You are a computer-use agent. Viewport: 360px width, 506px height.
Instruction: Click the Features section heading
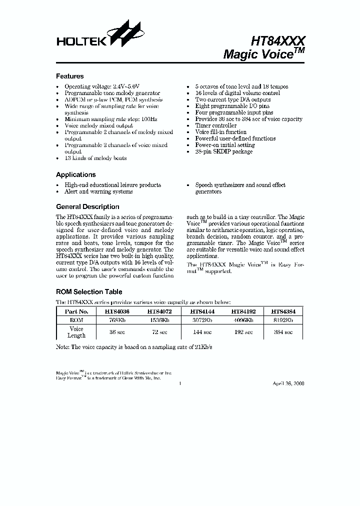pos(69,76)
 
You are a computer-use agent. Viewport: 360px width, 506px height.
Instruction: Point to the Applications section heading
pos(75,175)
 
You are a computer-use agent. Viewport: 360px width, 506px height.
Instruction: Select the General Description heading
pos(87,207)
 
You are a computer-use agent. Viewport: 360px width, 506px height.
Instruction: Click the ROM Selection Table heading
pos(89,292)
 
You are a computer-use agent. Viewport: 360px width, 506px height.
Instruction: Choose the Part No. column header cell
pos(76,311)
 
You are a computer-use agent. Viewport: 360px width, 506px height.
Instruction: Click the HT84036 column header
pos(117,311)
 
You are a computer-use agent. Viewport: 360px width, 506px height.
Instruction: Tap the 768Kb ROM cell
pos(117,319)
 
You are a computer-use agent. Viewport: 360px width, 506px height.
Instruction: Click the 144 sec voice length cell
pos(201,331)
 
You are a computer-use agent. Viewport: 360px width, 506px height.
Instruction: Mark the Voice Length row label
pos(76,332)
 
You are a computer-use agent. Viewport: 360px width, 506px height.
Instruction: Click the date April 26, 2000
pos(288,383)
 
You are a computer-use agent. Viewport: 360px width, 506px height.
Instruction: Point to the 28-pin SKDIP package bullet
pos(223,151)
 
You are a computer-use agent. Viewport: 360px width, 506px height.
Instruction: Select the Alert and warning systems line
pos(98,191)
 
